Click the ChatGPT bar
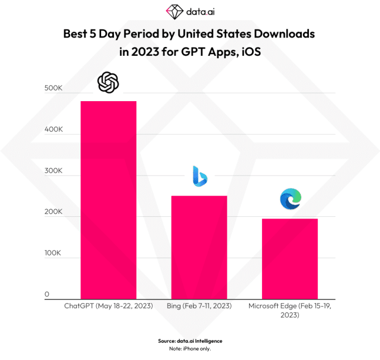click(x=108, y=200)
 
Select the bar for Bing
click(x=199, y=247)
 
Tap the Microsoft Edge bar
click(x=290, y=258)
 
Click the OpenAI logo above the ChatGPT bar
click(x=108, y=83)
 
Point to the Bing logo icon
click(x=199, y=176)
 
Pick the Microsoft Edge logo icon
click(x=291, y=200)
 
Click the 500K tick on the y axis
click(x=53, y=89)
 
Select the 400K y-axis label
click(x=53, y=130)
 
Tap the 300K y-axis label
click(x=53, y=170)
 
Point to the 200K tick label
click(x=53, y=212)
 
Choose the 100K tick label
click(x=53, y=253)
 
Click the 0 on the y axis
click(x=47, y=294)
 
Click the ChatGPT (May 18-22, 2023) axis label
click(x=109, y=307)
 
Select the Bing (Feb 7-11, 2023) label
click(x=199, y=307)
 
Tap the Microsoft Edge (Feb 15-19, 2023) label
click(x=290, y=311)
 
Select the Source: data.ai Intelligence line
click(x=190, y=340)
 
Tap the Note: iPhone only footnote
click(x=190, y=349)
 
